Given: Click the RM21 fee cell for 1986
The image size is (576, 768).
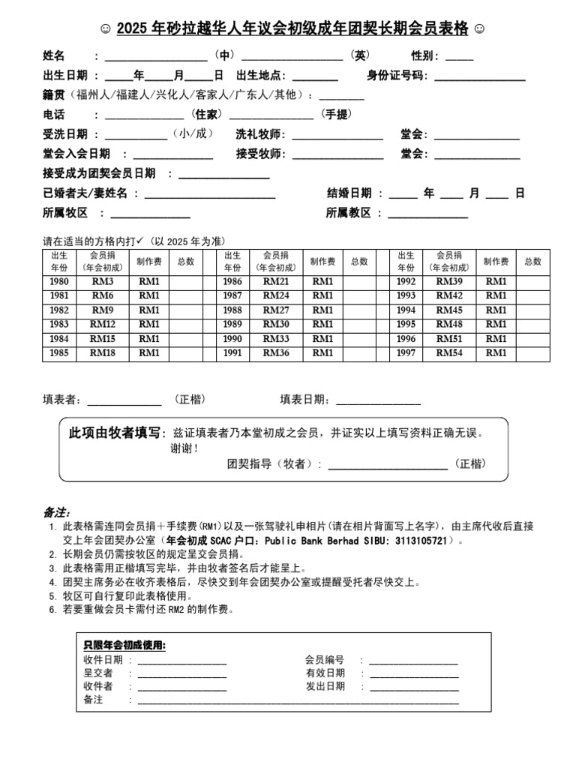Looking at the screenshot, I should click(x=275, y=281).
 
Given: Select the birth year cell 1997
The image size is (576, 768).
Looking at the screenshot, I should click(x=406, y=352).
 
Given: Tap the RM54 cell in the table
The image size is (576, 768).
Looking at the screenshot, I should click(x=449, y=352).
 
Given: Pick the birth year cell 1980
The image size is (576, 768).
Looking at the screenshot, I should click(x=59, y=281).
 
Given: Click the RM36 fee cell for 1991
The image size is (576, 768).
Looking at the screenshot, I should click(x=275, y=352).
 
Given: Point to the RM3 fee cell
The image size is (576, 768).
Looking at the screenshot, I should click(x=103, y=281).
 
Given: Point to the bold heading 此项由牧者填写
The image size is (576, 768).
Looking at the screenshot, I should click(x=115, y=433).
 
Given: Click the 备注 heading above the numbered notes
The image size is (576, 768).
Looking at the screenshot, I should click(x=55, y=512).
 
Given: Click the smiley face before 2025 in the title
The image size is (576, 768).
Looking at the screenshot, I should click(x=106, y=29).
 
